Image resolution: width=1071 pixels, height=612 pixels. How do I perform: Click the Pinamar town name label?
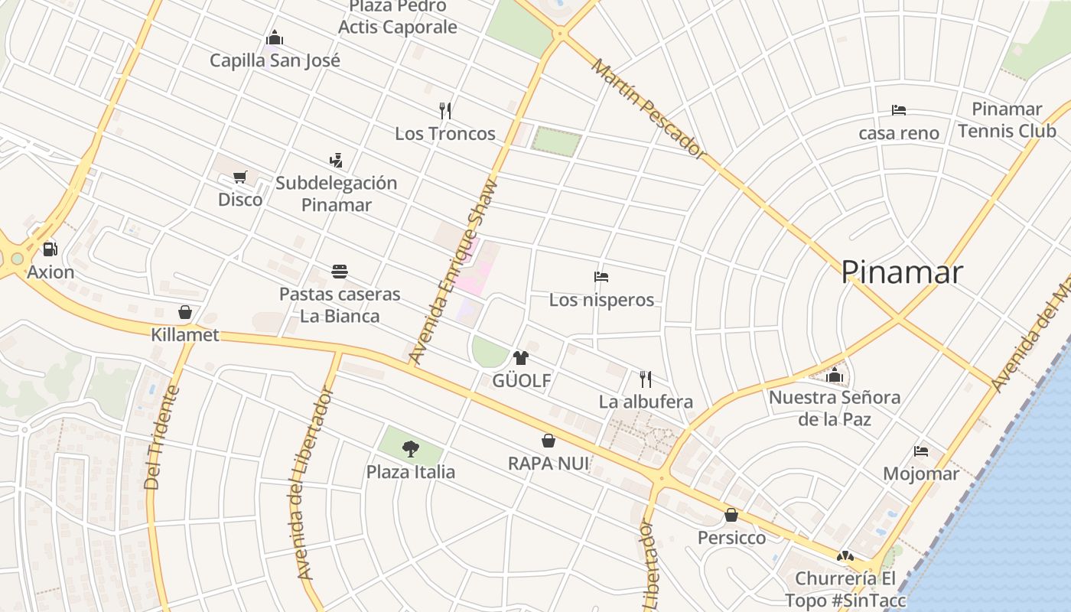pos(901,272)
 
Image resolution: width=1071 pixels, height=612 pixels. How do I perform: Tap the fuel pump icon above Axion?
pos(50,249)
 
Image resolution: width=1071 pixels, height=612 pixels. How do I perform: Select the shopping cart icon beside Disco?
pos(240,177)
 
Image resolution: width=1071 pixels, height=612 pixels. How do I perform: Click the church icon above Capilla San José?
pos(275,38)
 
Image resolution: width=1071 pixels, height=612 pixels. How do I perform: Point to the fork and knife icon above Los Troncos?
pos(445,111)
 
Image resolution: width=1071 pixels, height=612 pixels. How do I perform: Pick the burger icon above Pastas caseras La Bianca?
pos(340,272)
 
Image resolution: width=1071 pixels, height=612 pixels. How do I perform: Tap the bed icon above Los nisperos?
pos(601,277)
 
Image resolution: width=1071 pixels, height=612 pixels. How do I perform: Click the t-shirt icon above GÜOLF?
pos(521,357)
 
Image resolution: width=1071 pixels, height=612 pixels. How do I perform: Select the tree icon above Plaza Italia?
pos(411,449)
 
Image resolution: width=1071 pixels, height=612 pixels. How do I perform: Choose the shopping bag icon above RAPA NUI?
pos(549,441)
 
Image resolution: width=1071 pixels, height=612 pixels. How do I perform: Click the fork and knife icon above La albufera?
pos(646,379)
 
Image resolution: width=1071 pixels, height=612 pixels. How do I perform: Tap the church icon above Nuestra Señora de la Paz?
pos(835,375)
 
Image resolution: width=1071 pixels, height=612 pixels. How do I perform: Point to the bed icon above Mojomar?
pos(921,451)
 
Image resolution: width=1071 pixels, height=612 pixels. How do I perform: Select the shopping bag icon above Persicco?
pos(731,515)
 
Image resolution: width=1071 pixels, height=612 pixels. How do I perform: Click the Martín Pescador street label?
pos(649,109)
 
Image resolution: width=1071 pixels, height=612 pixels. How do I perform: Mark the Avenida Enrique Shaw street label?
pos(453,271)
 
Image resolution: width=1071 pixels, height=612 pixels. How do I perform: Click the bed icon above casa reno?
pos(899,110)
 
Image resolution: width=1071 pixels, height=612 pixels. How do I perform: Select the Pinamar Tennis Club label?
pos(1007,120)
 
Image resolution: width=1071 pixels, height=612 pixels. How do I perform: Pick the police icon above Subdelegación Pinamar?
pos(336,161)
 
